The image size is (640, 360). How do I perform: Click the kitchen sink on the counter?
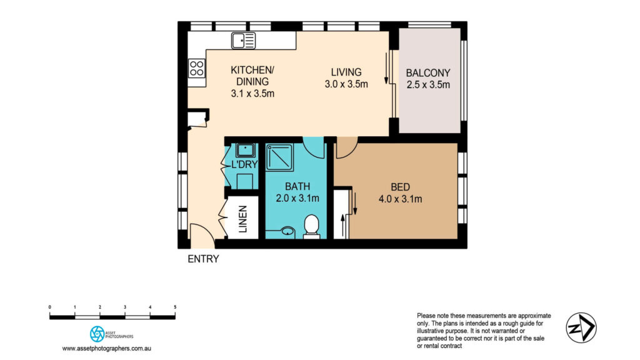click(x=243, y=41)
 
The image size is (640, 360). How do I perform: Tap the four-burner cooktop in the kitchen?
click(x=197, y=67)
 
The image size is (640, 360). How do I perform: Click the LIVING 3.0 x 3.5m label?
click(x=346, y=78)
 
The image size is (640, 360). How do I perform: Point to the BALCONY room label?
click(x=428, y=78)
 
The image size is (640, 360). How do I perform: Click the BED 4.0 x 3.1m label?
click(x=400, y=193)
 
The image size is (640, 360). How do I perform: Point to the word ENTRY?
click(x=203, y=259)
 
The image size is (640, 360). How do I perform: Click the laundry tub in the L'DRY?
click(x=244, y=150)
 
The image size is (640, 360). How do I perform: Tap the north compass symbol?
click(x=581, y=327)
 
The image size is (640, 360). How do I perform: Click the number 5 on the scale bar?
click(x=175, y=307)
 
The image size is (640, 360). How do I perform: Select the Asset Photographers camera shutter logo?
click(x=97, y=333)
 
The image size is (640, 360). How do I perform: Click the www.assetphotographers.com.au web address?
click(x=108, y=348)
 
